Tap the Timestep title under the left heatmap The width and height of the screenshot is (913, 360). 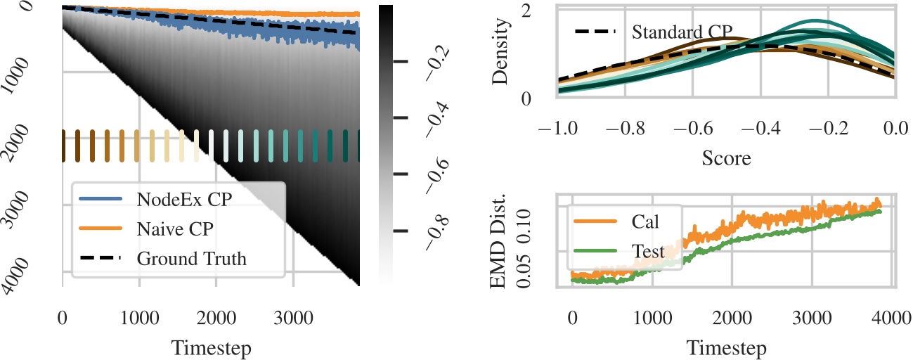click(211, 347)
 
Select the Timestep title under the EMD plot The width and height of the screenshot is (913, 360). click(726, 347)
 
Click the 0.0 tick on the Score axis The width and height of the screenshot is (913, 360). click(893, 129)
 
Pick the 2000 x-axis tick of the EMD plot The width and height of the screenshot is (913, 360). click(732, 321)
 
